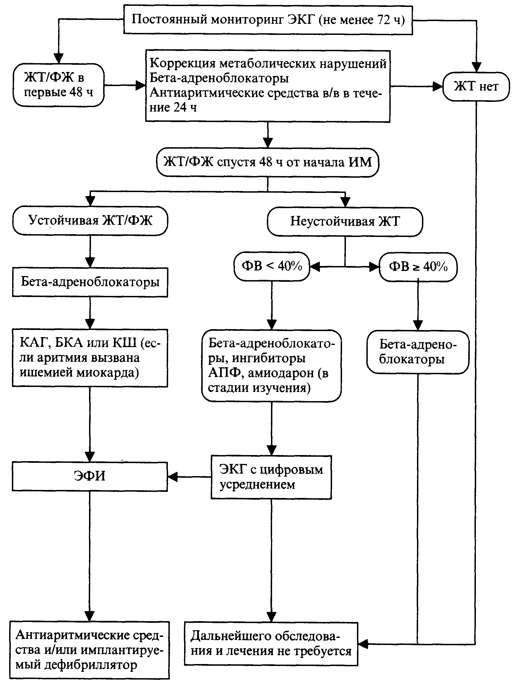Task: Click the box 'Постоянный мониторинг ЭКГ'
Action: click(268, 20)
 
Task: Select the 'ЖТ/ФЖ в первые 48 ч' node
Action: click(59, 85)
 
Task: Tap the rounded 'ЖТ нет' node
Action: click(476, 86)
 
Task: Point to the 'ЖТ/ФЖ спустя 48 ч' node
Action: click(268, 162)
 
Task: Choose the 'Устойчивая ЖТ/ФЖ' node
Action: click(90, 221)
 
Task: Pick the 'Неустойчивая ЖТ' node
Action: click(345, 221)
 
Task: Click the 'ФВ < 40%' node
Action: click(272, 266)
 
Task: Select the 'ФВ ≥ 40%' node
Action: click(418, 267)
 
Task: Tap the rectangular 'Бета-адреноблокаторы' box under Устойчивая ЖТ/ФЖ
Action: click(90, 282)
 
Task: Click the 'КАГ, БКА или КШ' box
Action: click(90, 358)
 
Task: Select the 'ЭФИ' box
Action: click(90, 476)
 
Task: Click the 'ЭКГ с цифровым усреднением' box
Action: click(271, 477)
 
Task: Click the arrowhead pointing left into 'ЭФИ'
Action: click(173, 477)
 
